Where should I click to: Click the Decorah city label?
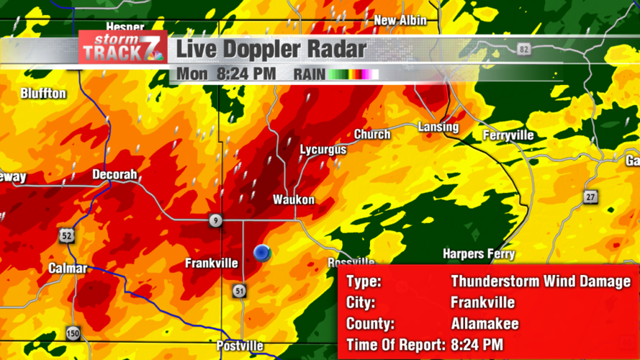pyautogui.click(x=114, y=174)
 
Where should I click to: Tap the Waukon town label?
pyautogui.click(x=294, y=199)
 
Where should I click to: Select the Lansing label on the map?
pyautogui.click(x=438, y=127)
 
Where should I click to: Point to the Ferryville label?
pyautogui.click(x=509, y=135)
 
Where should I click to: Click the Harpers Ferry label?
pyautogui.click(x=479, y=254)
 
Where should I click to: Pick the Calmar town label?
pyautogui.click(x=68, y=268)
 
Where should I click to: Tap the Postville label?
pyautogui.click(x=240, y=346)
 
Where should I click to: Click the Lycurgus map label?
pyautogui.click(x=323, y=150)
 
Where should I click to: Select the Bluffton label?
pyautogui.click(x=43, y=94)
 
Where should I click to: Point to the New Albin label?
pyautogui.click(x=400, y=20)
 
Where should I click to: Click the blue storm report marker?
pyautogui.click(x=262, y=253)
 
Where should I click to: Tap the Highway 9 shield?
pyautogui.click(x=215, y=221)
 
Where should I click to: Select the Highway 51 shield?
pyautogui.click(x=240, y=290)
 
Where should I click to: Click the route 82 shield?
pyautogui.click(x=523, y=48)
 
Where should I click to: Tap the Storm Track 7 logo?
pyautogui.click(x=122, y=49)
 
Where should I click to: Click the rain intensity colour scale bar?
pyautogui.click(x=354, y=74)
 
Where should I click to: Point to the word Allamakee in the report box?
pyautogui.click(x=484, y=324)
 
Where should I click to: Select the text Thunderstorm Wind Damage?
pyautogui.click(x=541, y=282)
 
